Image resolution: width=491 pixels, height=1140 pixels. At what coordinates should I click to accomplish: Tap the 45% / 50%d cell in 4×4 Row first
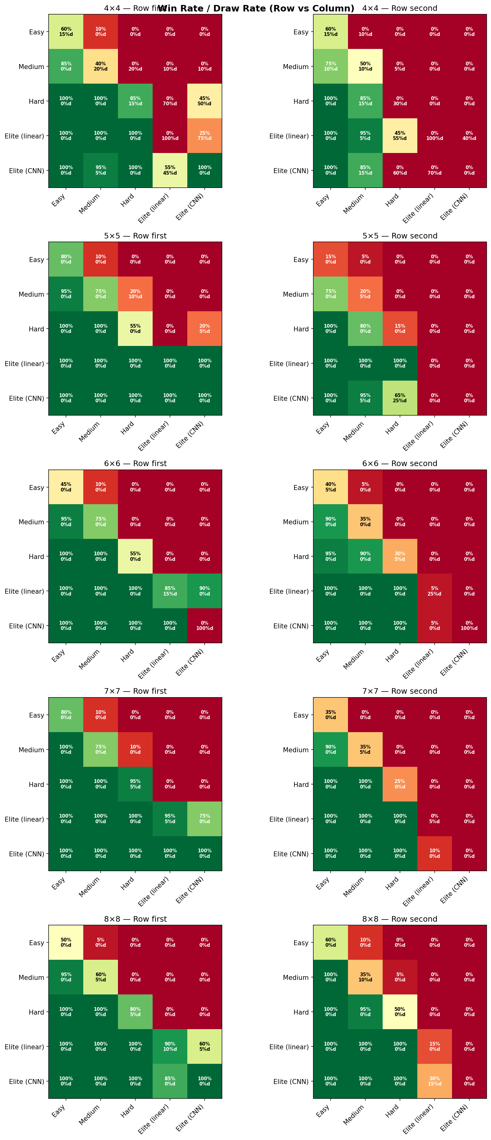tap(204, 101)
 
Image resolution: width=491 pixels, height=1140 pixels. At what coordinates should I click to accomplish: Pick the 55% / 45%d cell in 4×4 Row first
tap(170, 170)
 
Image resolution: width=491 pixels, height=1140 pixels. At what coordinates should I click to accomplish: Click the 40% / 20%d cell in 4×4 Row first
tap(100, 66)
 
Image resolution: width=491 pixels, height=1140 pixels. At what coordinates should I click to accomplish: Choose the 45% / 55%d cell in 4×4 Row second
tap(400, 135)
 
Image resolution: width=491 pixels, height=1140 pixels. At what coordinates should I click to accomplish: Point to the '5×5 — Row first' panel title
tap(135, 236)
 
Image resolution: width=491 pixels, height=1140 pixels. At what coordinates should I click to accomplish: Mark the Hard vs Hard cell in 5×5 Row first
tap(135, 328)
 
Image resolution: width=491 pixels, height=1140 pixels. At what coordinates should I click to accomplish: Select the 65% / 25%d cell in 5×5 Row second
tap(400, 398)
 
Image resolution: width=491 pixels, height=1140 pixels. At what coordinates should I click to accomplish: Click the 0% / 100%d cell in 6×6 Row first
tap(204, 625)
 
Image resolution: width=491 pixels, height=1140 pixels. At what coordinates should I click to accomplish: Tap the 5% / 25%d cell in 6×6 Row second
tap(434, 591)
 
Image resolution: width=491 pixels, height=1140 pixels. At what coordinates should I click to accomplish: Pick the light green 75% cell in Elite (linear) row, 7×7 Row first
tap(204, 819)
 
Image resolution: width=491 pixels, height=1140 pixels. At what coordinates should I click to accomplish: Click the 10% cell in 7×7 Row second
tap(434, 853)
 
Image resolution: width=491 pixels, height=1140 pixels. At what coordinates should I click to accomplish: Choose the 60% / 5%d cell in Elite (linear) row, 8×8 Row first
tap(204, 1046)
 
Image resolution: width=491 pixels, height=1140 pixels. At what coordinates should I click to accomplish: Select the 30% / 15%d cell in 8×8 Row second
tap(434, 1081)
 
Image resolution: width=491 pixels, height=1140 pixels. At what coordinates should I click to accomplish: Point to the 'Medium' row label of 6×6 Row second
tap(295, 522)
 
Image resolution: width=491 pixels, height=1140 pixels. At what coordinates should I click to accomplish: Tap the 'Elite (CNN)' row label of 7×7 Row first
tap(27, 854)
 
